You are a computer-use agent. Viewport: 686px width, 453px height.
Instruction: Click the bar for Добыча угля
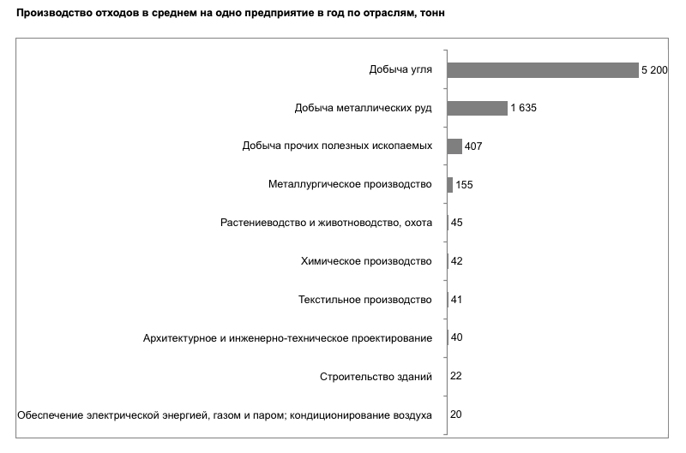pyautogui.click(x=543, y=70)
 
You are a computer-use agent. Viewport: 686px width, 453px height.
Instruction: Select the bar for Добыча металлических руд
pyautogui.click(x=478, y=108)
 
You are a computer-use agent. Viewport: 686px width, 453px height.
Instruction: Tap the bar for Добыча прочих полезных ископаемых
pyautogui.click(x=454, y=146)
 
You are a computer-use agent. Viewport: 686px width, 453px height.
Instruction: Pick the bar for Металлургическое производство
pyautogui.click(x=449, y=185)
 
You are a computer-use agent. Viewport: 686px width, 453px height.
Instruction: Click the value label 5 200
pyautogui.click(x=654, y=70)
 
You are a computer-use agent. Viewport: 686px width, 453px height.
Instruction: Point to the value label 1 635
pyautogui.click(x=523, y=108)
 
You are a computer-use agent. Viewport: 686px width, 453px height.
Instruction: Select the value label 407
pyautogui.click(x=473, y=146)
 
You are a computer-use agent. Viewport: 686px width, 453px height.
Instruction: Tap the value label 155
pyautogui.click(x=464, y=185)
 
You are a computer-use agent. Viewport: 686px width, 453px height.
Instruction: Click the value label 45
pyautogui.click(x=457, y=223)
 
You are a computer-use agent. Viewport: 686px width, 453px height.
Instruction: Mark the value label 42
pyautogui.click(x=457, y=261)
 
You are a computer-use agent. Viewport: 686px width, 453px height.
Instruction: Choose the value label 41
pyautogui.click(x=456, y=299)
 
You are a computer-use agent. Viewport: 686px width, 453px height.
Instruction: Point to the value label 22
pyautogui.click(x=456, y=376)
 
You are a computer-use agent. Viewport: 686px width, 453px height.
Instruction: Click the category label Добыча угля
pyautogui.click(x=400, y=70)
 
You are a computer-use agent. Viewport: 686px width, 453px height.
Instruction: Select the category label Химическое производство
pyautogui.click(x=366, y=261)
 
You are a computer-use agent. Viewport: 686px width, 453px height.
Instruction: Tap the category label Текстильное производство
pyautogui.click(x=365, y=300)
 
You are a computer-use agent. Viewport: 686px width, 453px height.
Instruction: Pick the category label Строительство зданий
pyautogui.click(x=376, y=377)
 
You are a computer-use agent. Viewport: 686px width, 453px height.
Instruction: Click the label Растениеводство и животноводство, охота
pyautogui.click(x=327, y=223)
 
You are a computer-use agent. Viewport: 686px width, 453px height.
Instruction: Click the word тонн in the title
pyautogui.click(x=432, y=13)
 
